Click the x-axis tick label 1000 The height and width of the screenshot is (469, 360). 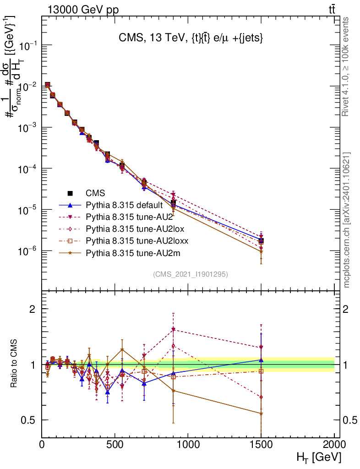pos(188,445)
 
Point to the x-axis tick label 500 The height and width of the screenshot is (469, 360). pos(115,445)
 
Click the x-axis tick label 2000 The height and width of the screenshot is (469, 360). pos(334,445)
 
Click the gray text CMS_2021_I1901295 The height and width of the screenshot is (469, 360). pos(191,274)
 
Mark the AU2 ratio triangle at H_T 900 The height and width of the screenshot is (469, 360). pos(174,329)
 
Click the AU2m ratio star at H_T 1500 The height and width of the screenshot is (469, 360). pos(261,414)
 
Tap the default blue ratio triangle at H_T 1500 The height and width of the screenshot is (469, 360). pos(261,360)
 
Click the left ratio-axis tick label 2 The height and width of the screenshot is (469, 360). pos(33,309)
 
